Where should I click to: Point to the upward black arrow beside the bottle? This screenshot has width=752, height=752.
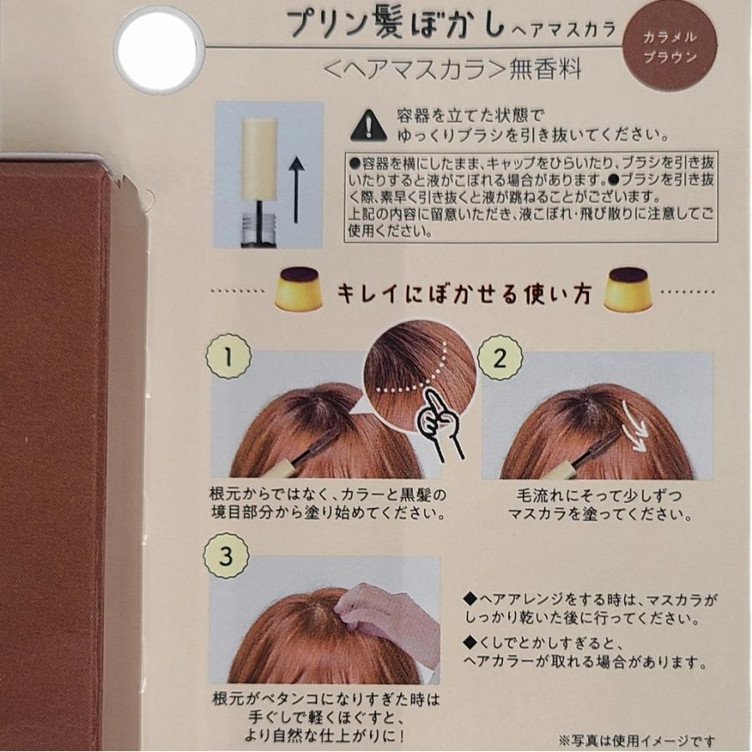click(x=294, y=193)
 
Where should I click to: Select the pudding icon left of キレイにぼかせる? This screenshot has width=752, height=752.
click(x=299, y=292)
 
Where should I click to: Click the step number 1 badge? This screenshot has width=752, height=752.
click(x=230, y=358)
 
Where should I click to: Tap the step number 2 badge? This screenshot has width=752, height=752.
click(x=500, y=358)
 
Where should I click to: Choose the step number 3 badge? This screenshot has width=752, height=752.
click(x=230, y=554)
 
